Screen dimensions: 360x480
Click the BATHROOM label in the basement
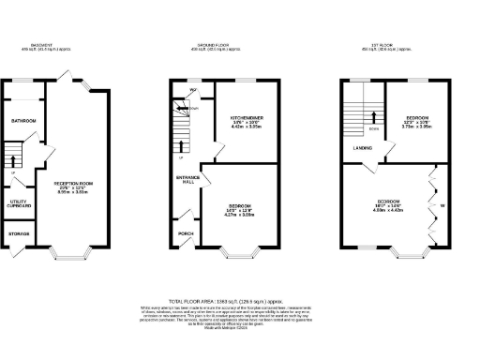[23, 122]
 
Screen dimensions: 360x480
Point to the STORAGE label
[20, 233]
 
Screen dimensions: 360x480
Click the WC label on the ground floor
[192, 91]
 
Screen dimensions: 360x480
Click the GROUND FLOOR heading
[216, 44]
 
